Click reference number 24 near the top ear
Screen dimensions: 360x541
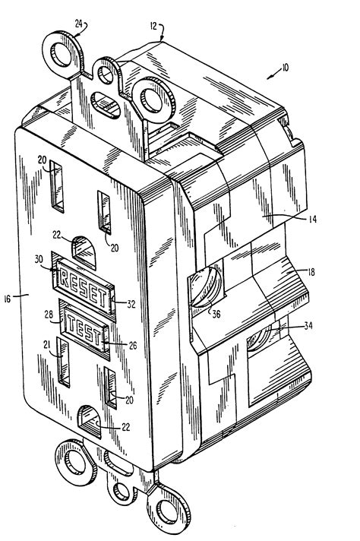click(x=79, y=24)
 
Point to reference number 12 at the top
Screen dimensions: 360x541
click(x=153, y=27)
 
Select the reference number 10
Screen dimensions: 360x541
click(x=285, y=68)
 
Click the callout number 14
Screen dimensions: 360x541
click(x=311, y=219)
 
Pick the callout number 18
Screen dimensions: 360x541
click(x=311, y=272)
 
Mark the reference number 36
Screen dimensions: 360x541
click(x=216, y=315)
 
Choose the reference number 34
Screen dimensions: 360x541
click(x=308, y=325)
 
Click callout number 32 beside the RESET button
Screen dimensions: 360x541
click(x=131, y=304)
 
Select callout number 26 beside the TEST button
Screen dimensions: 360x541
click(x=132, y=345)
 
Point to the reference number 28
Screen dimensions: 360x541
click(x=49, y=315)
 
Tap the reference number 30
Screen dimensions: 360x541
click(x=39, y=259)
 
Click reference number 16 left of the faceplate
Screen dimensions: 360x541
click(x=8, y=299)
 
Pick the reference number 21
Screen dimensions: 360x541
click(x=48, y=343)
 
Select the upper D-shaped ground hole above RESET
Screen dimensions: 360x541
click(x=84, y=252)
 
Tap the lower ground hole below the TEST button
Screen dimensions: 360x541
click(x=90, y=422)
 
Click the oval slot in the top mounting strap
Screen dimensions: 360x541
click(x=106, y=105)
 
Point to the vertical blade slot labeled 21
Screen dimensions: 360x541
click(x=64, y=362)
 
